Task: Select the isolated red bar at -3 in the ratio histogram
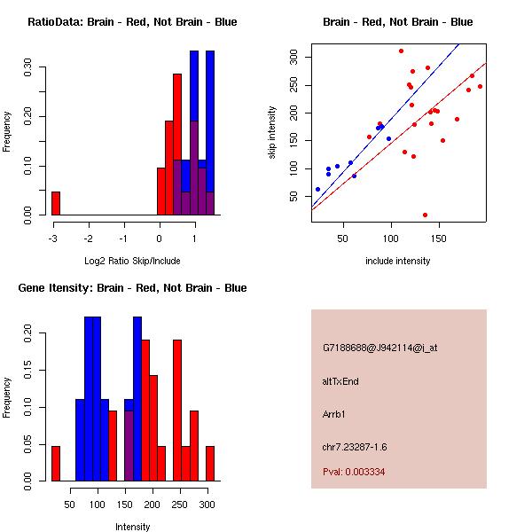[x=56, y=203]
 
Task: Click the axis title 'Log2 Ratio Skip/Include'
[x=132, y=262]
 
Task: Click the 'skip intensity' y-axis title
[x=272, y=133]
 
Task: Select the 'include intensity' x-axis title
[x=398, y=262]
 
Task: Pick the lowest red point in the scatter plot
[x=426, y=215]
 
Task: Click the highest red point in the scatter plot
[x=401, y=51]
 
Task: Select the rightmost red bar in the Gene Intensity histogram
[x=210, y=463]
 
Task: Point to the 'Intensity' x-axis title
[x=132, y=528]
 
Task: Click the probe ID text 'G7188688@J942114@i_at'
[x=379, y=348]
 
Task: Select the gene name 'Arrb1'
[x=335, y=413]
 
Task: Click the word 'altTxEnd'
[x=340, y=381]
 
